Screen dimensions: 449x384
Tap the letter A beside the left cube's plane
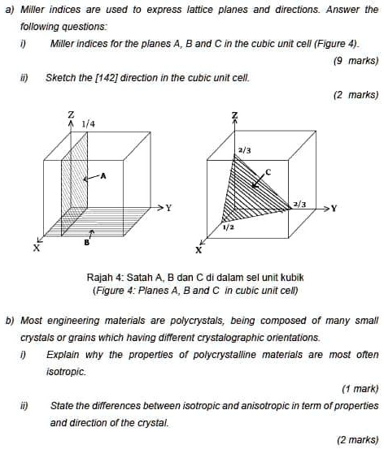(103, 175)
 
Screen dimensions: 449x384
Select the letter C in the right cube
(266, 171)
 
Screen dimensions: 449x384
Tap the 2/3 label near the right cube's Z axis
(245, 150)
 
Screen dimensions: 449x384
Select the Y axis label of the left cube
(168, 208)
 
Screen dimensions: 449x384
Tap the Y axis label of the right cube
(332, 208)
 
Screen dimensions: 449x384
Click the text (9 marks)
(356, 60)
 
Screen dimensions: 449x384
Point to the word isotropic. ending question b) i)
(65, 369)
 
